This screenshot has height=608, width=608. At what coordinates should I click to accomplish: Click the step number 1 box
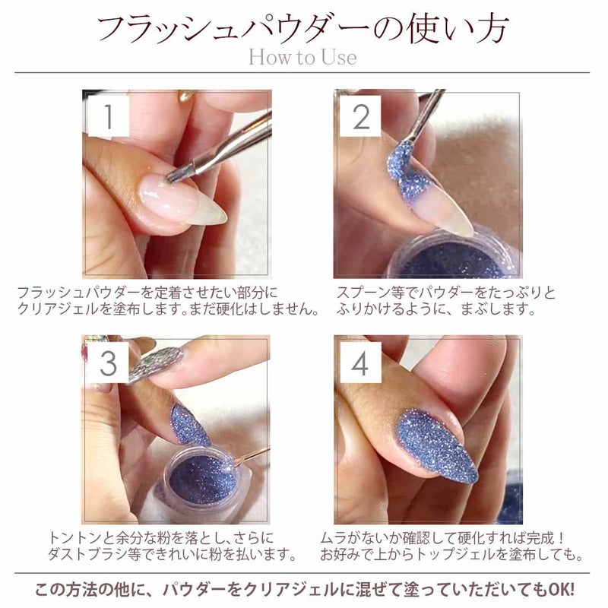tap(109, 116)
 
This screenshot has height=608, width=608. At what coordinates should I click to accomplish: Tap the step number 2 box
tap(360, 116)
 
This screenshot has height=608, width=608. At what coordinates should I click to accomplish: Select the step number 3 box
tap(108, 363)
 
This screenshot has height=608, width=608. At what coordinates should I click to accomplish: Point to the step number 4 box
tap(360, 363)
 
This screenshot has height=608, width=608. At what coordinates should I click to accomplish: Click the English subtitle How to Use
tap(302, 58)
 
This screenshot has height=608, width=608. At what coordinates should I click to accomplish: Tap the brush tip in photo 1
tap(177, 175)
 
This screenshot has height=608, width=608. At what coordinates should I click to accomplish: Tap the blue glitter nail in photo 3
tap(189, 426)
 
